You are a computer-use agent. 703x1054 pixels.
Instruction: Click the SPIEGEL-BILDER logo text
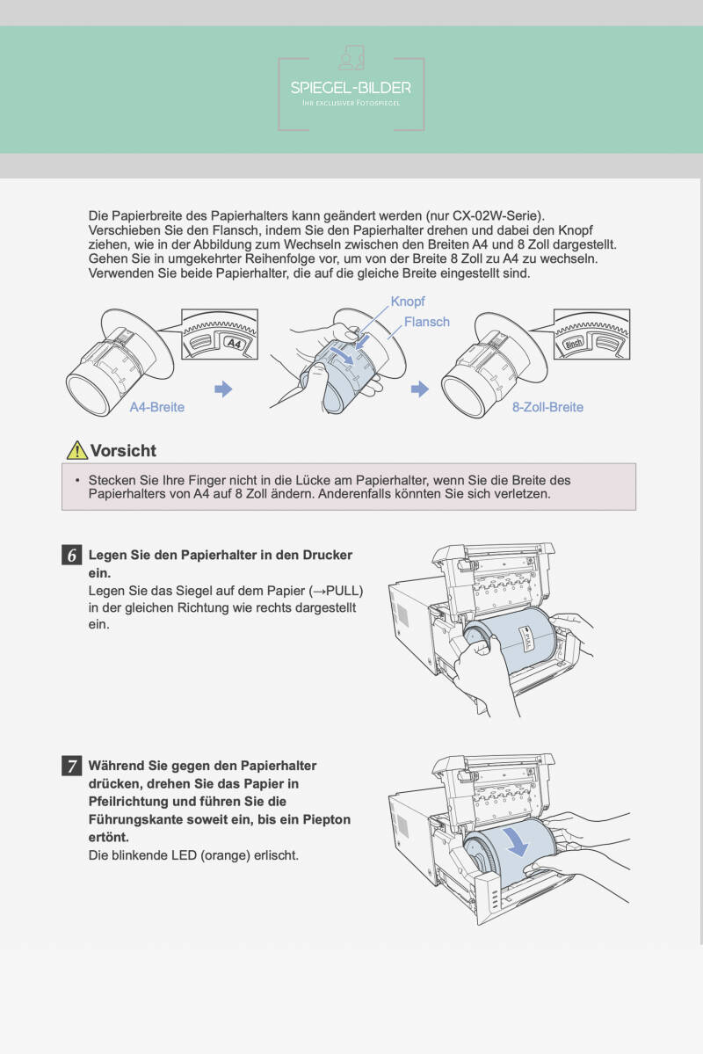pyautogui.click(x=351, y=87)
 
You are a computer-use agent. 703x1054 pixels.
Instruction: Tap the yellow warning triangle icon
pyautogui.click(x=77, y=450)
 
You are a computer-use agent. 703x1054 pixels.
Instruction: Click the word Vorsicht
pyautogui.click(x=123, y=450)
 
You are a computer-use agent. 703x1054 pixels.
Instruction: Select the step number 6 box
pyautogui.click(x=72, y=556)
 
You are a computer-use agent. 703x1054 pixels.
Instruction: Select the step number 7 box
pyautogui.click(x=72, y=766)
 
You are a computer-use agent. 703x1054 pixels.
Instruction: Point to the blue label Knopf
pyautogui.click(x=408, y=302)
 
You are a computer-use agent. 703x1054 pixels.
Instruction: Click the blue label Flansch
pyautogui.click(x=427, y=322)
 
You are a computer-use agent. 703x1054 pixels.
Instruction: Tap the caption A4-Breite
pyautogui.click(x=157, y=407)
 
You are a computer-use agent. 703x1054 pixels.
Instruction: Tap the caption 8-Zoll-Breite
pyautogui.click(x=547, y=407)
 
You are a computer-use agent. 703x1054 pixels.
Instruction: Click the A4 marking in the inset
pyautogui.click(x=233, y=343)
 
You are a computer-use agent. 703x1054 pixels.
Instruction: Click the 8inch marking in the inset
pyautogui.click(x=573, y=343)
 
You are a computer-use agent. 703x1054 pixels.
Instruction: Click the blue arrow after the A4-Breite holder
pyautogui.click(x=223, y=389)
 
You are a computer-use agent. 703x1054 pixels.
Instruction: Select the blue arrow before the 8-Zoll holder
pyautogui.click(x=420, y=389)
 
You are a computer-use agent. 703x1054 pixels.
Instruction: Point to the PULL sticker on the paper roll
pyautogui.click(x=527, y=637)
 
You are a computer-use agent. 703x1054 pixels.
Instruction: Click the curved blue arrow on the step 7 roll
pyautogui.click(x=518, y=842)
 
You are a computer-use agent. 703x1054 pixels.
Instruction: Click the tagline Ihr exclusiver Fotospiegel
pyautogui.click(x=351, y=103)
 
